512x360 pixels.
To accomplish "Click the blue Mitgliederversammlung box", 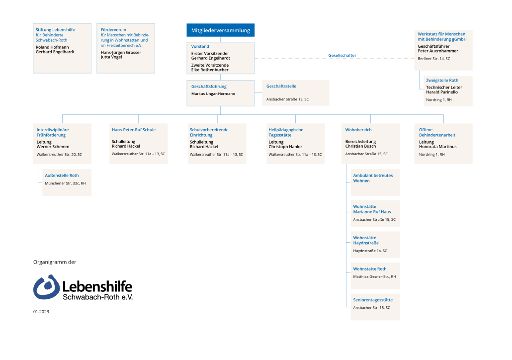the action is click(x=220, y=30).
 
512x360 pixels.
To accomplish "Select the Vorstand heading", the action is click(x=200, y=46).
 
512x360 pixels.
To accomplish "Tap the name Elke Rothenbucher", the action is click(x=210, y=70).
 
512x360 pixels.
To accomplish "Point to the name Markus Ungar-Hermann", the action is click(x=213, y=94).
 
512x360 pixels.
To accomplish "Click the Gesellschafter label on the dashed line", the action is click(x=342, y=56).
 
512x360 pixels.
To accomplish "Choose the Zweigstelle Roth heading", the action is click(x=442, y=81).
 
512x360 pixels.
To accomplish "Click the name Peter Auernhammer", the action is click(x=438, y=51).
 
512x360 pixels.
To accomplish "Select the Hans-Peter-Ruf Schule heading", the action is click(x=134, y=130).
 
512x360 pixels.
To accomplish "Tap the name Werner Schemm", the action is click(x=53, y=147).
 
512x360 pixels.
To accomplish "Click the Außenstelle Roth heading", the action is click(x=62, y=176).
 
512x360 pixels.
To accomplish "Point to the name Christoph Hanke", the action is click(x=285, y=147).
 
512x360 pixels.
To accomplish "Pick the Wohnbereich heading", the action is click(x=358, y=130).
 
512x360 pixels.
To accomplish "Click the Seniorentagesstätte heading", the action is click(x=373, y=300).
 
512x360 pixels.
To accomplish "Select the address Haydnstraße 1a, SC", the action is click(x=370, y=251).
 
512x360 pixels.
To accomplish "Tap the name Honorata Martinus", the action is click(x=437, y=147).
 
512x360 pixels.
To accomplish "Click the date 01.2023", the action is click(x=41, y=312).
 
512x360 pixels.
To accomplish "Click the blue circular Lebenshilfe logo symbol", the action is click(x=47, y=287).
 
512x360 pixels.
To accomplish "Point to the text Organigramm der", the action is click(x=55, y=262).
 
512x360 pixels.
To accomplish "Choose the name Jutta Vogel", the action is click(x=111, y=57).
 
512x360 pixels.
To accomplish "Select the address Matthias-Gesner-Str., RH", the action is click(x=374, y=276).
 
